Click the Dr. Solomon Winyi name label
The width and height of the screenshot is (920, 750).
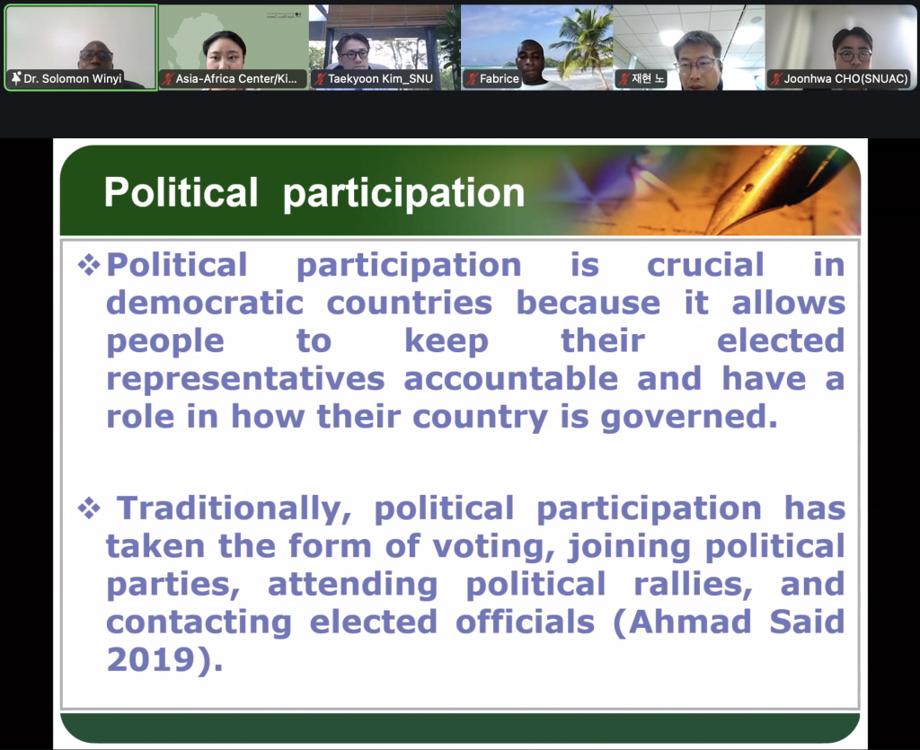pyautogui.click(x=66, y=78)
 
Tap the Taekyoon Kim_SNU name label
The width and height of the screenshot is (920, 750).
pyautogui.click(x=374, y=78)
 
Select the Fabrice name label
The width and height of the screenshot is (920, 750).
pyautogui.click(x=492, y=78)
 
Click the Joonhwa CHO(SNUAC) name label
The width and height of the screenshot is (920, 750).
pyautogui.click(x=840, y=78)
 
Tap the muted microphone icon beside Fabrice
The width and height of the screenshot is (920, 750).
pyautogui.click(x=471, y=78)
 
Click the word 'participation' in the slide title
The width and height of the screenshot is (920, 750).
pyautogui.click(x=403, y=193)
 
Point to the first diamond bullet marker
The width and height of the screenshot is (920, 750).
pyautogui.click(x=89, y=265)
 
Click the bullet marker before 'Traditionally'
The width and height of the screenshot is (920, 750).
pyautogui.click(x=89, y=508)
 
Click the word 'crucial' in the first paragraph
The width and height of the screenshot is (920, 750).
pyautogui.click(x=705, y=264)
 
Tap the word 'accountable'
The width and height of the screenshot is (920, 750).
pyautogui.click(x=510, y=378)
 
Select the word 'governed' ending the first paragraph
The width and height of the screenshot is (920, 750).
pyautogui.click(x=684, y=418)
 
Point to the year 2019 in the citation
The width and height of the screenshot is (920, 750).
pyautogui.click(x=151, y=659)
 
